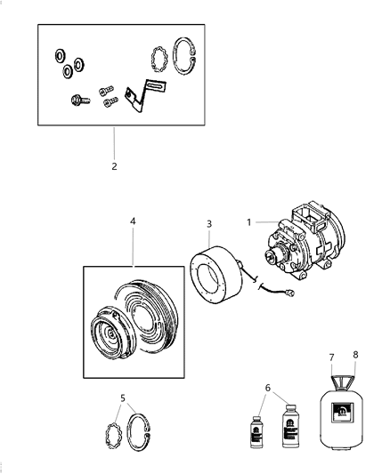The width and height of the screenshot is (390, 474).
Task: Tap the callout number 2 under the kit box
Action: click(114, 165)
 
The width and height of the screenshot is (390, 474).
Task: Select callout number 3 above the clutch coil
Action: click(209, 224)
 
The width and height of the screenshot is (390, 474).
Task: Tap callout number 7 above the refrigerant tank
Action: click(330, 357)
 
